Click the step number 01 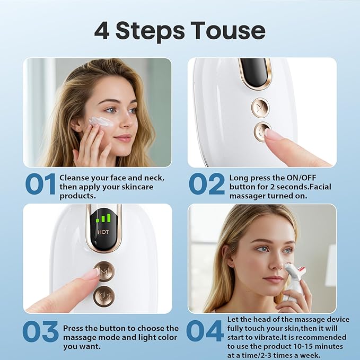pos(40,184)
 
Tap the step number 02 pos(207,184)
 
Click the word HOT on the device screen pos(103,232)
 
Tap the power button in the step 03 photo pos(103,295)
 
